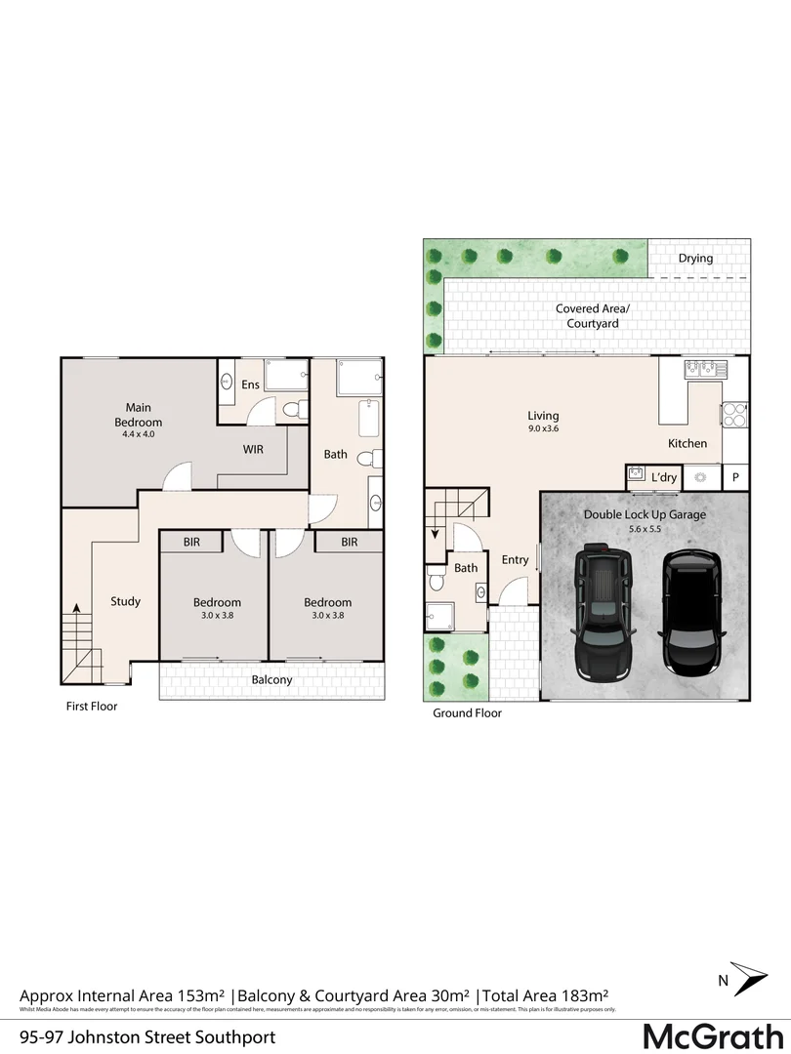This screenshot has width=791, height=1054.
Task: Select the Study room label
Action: click(x=125, y=601)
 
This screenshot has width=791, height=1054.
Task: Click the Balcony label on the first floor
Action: click(x=271, y=680)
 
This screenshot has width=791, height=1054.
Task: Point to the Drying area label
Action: click(x=695, y=259)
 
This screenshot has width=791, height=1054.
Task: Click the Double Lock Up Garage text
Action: click(x=645, y=514)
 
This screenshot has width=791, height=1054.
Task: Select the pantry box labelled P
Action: click(x=736, y=477)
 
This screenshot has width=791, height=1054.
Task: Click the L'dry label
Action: click(x=664, y=477)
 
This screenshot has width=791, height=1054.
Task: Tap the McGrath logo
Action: click(x=714, y=1034)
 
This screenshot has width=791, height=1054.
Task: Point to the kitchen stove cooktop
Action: click(x=733, y=415)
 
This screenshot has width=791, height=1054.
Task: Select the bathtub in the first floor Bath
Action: click(x=368, y=419)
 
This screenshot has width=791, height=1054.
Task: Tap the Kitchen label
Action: click(x=687, y=444)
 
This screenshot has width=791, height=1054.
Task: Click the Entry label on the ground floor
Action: click(x=515, y=560)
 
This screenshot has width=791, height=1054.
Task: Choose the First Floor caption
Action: click(x=91, y=706)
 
